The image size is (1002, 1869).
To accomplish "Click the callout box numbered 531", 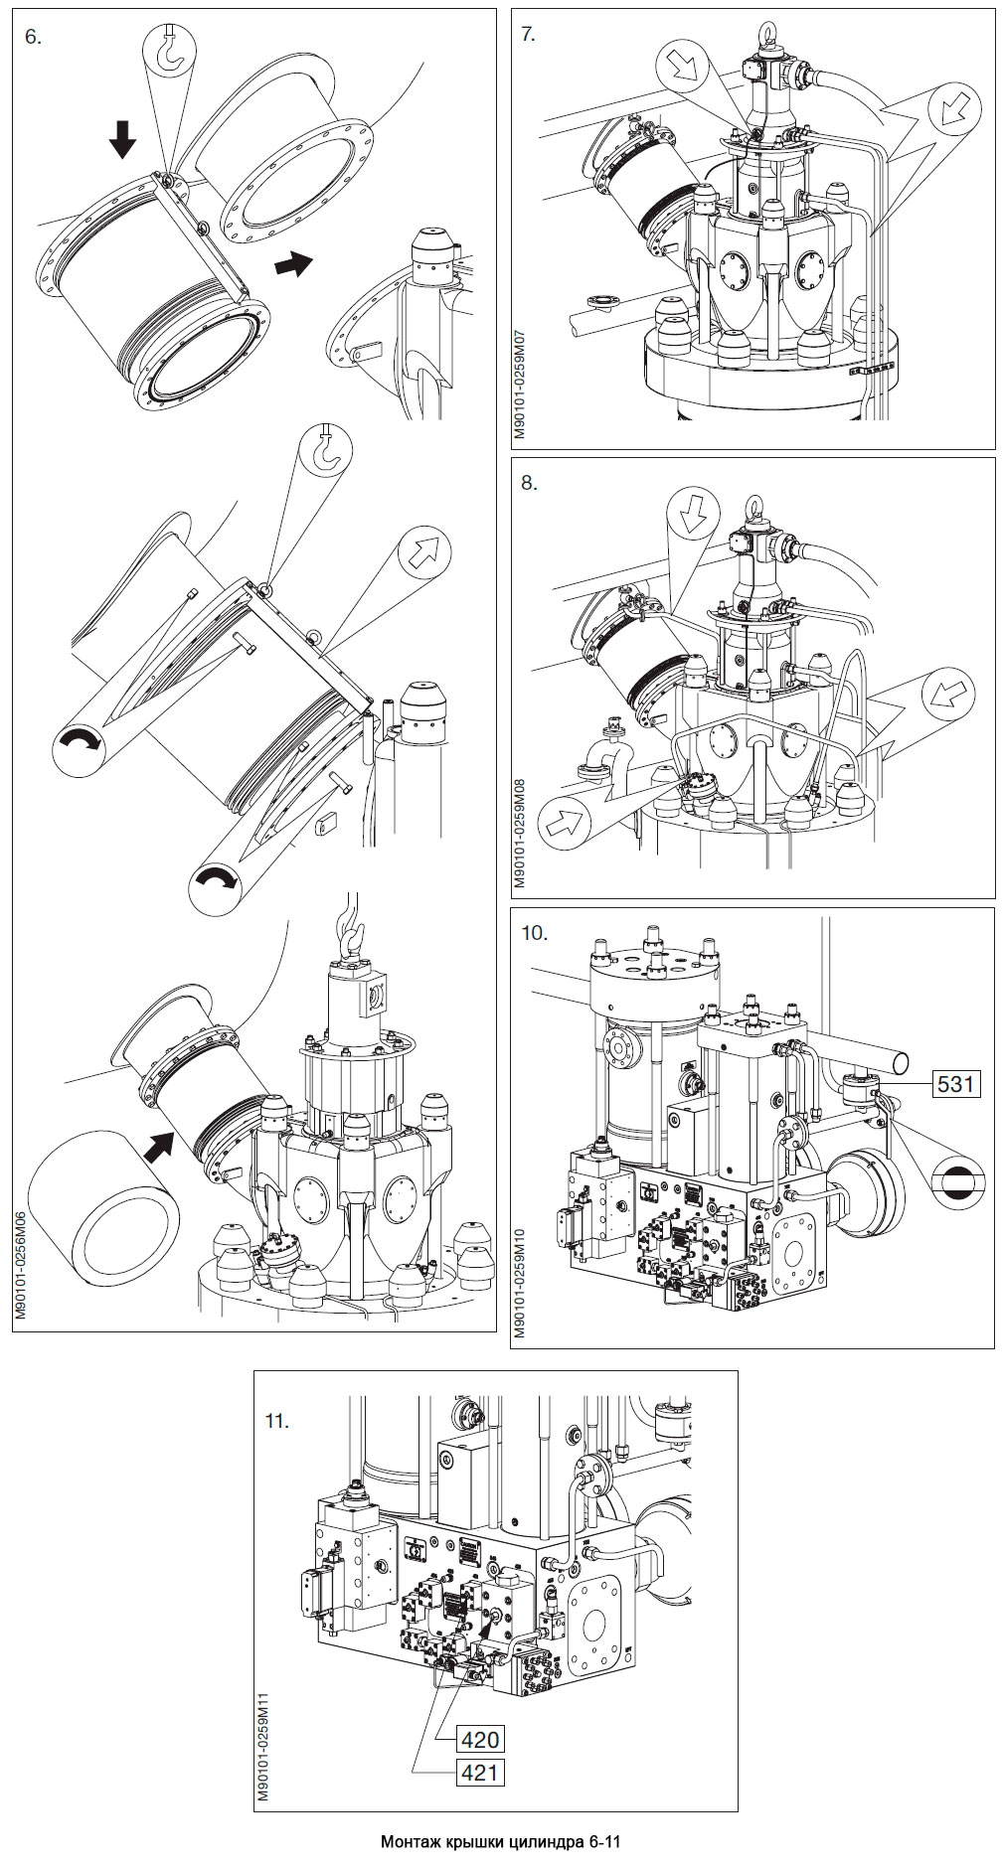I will [955, 1082].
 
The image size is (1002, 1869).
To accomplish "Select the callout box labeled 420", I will [479, 1739].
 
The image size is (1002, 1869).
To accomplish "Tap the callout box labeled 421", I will [479, 1772].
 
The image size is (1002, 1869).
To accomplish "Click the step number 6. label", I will [34, 37].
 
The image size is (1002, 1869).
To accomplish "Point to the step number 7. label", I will [529, 35].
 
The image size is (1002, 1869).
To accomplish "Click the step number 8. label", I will [529, 483].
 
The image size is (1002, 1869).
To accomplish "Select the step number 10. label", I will [534, 932].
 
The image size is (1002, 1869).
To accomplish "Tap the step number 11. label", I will [277, 1421].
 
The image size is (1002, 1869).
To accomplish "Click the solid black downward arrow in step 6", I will [122, 139].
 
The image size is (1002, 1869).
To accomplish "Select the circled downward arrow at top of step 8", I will [693, 513].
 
